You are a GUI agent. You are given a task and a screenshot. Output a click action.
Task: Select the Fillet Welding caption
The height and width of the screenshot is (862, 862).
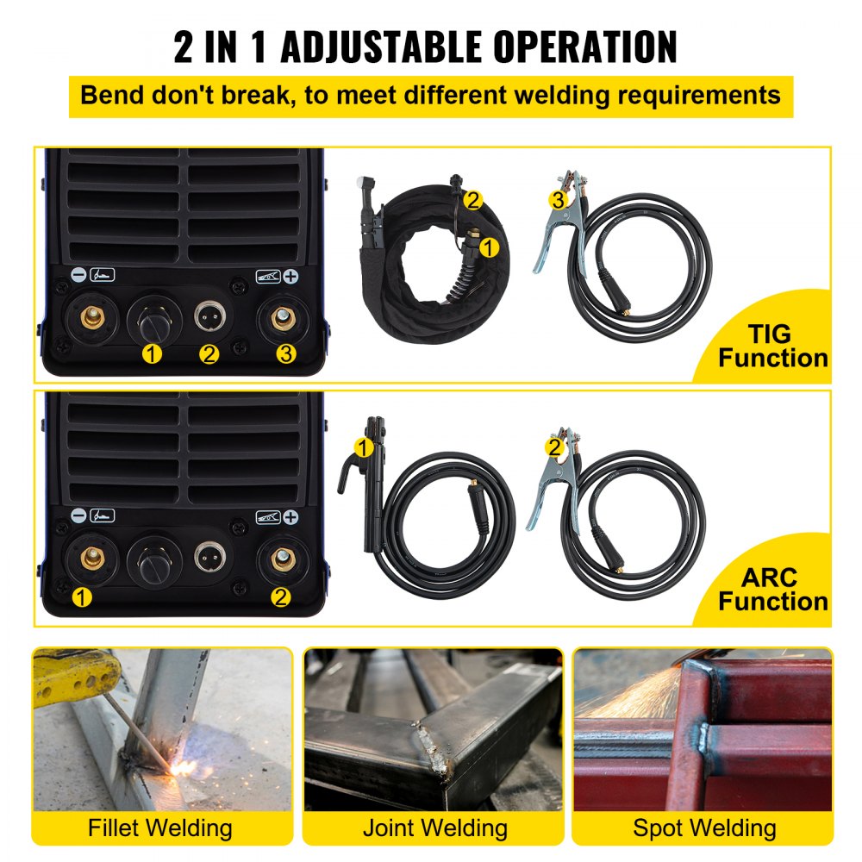click(x=160, y=828)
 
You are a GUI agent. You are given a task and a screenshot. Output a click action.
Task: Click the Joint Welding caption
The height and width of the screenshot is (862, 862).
click(x=434, y=828)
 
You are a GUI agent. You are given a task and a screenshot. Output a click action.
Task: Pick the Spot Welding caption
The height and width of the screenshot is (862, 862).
click(x=704, y=828)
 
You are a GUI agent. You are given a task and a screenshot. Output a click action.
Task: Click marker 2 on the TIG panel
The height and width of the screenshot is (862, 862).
click(x=209, y=354)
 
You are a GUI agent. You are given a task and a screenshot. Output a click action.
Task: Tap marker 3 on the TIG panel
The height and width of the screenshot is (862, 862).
click(x=286, y=353)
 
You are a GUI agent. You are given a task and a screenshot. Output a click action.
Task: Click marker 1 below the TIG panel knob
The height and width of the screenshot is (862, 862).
click(x=152, y=354)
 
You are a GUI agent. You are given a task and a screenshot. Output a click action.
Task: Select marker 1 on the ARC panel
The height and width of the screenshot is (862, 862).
click(x=82, y=597)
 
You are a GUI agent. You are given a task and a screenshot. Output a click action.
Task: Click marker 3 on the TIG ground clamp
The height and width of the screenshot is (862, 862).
click(x=559, y=200)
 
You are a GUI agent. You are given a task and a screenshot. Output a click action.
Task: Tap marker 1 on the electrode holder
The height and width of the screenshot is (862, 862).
click(x=365, y=447)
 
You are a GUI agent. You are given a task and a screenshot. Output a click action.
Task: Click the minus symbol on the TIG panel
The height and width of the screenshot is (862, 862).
click(x=78, y=278)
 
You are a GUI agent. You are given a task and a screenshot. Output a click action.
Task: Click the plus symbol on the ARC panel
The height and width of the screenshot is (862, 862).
click(x=291, y=517)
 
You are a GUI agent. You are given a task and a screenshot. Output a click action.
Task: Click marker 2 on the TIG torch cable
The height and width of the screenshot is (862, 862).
click(x=472, y=200)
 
